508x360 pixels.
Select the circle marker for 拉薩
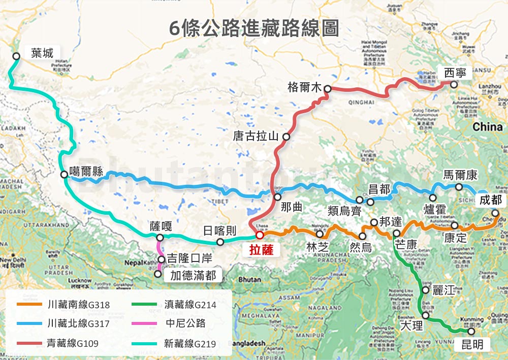coord(259,235)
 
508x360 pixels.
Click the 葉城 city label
coord(42,52)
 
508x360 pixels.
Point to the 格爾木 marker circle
coord(328,89)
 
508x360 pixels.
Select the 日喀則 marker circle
coord(220,242)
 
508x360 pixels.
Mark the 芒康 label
coord(405,245)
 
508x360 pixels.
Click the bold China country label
coord(487,127)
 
